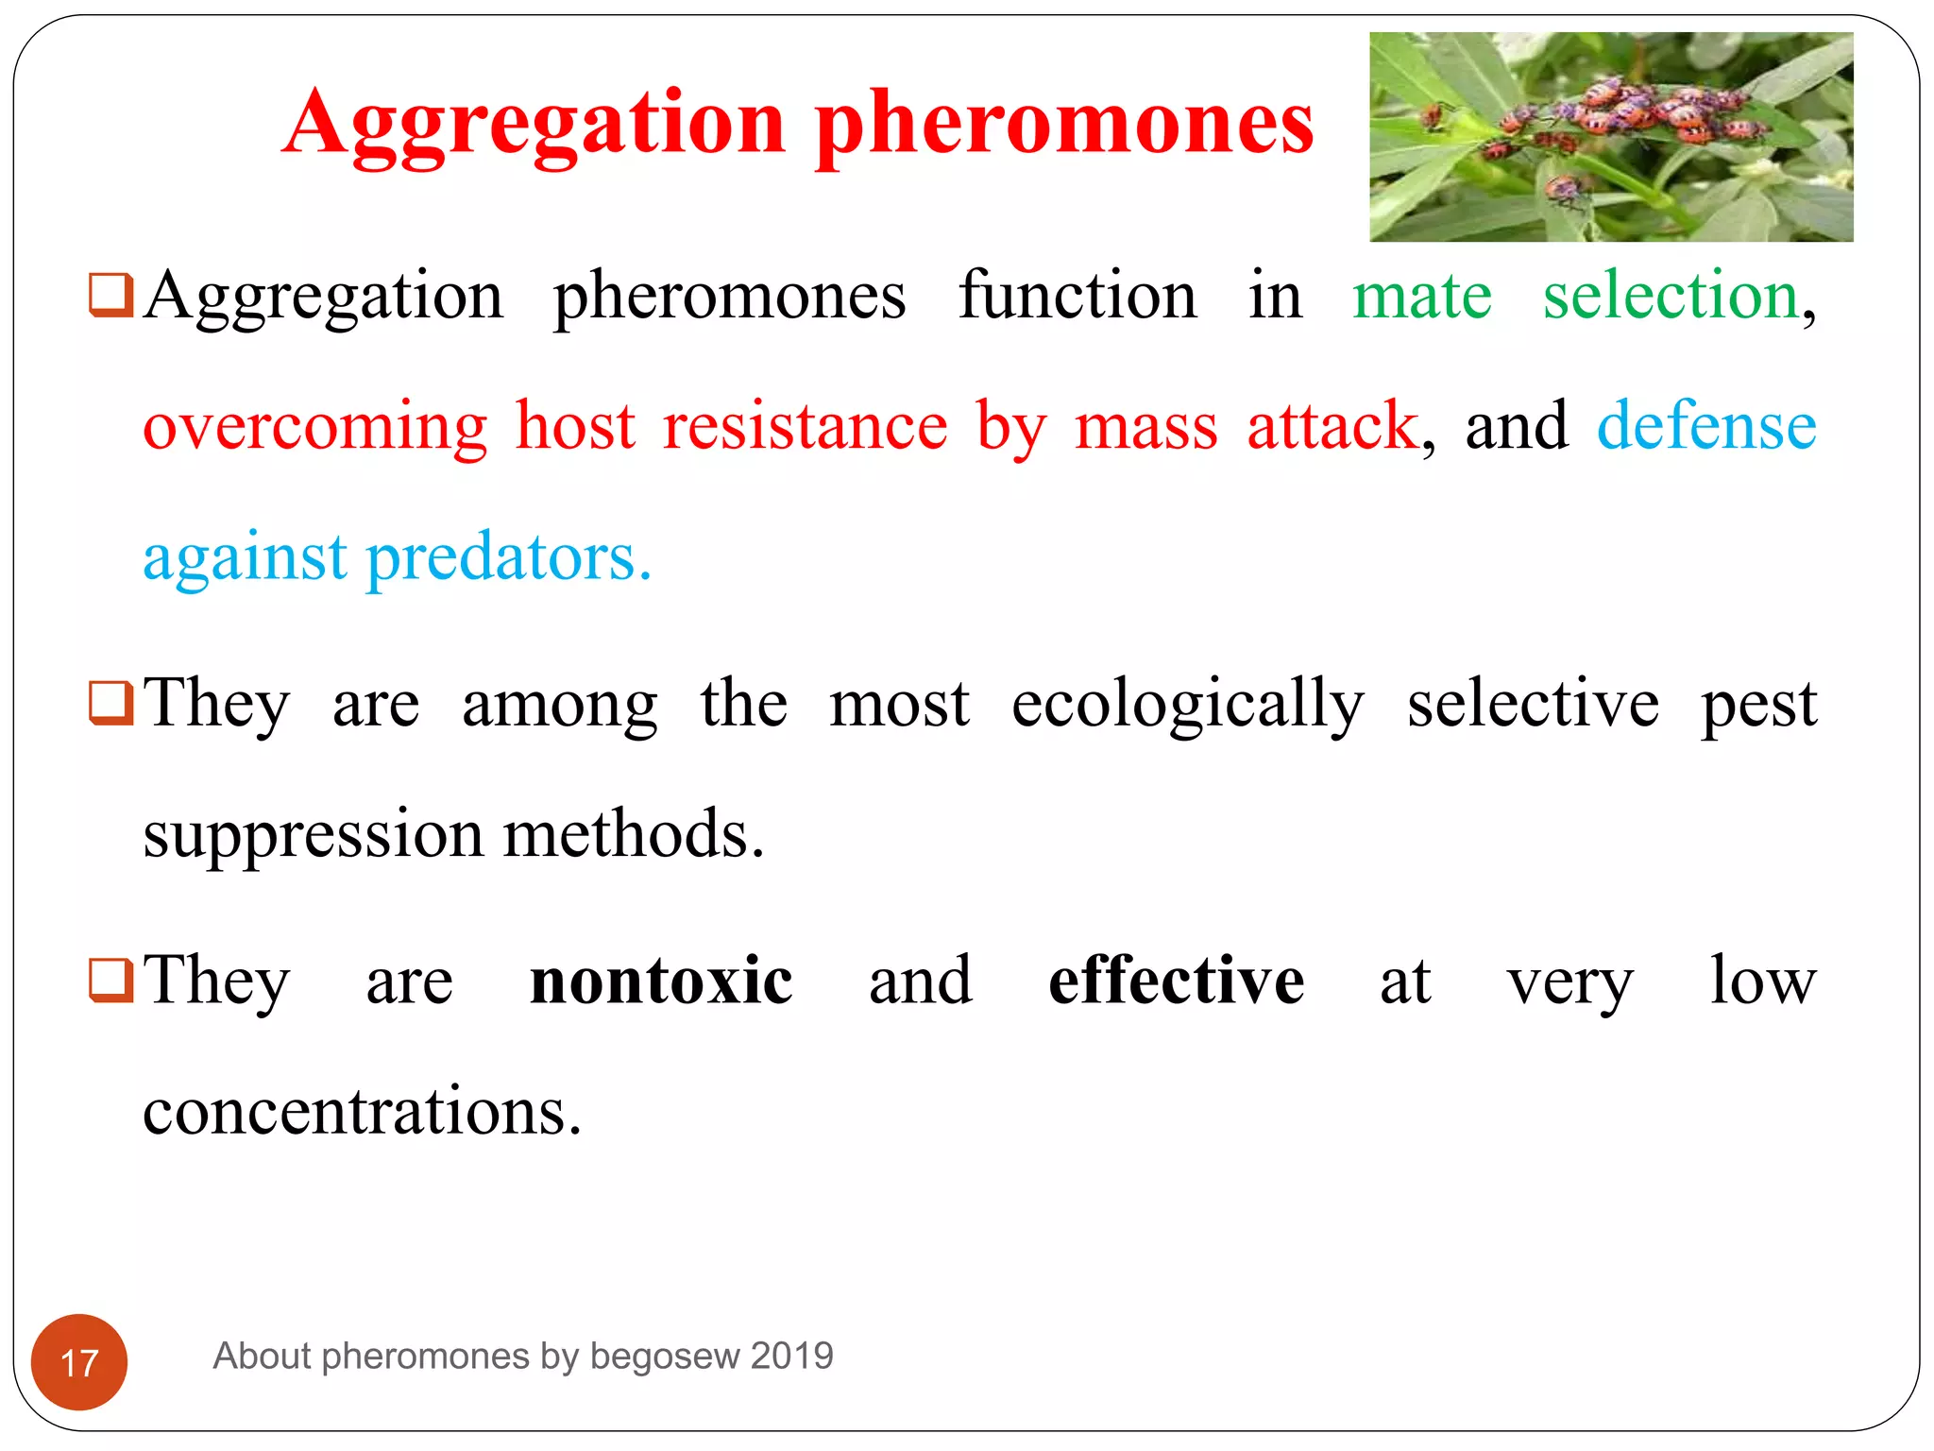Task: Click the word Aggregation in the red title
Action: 534,123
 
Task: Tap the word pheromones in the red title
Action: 1064,123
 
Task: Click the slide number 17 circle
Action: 79,1362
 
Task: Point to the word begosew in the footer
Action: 665,1356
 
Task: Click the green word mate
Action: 1422,297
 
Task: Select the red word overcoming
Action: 315,427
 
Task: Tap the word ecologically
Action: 1188,705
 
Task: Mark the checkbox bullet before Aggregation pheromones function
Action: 110,295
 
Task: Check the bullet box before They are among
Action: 110,703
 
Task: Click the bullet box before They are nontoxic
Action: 110,980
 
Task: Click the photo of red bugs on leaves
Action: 1611,137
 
